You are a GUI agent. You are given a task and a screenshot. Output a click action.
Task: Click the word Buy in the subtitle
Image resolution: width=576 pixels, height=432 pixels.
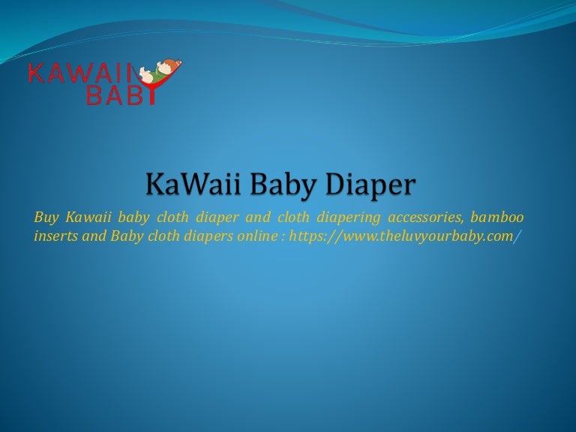click(x=46, y=217)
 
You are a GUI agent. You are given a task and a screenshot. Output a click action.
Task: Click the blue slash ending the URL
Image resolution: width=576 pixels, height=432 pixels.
click(x=516, y=235)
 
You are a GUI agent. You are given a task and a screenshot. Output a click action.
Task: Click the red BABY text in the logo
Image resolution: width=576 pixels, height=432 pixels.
click(x=112, y=94)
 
